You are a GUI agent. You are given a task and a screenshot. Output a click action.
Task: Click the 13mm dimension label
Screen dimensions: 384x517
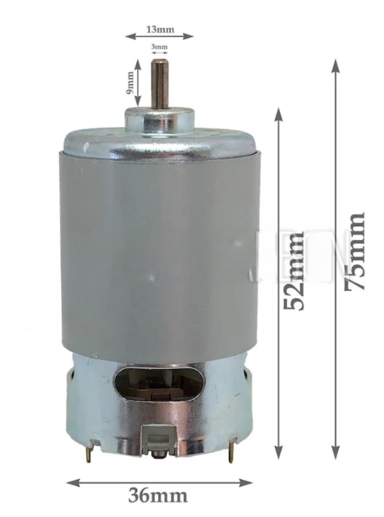click(x=160, y=29)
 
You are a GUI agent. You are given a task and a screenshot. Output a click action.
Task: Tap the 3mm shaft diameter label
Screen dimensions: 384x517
click(x=159, y=47)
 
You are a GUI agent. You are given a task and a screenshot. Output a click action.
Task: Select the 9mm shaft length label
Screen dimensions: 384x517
click(x=130, y=83)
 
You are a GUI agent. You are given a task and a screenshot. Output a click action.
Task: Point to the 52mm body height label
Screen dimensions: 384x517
click(x=294, y=271)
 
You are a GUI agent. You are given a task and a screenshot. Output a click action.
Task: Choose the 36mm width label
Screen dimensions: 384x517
click(x=158, y=495)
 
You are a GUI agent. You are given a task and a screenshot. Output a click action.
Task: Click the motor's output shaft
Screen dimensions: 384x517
click(x=158, y=85)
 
